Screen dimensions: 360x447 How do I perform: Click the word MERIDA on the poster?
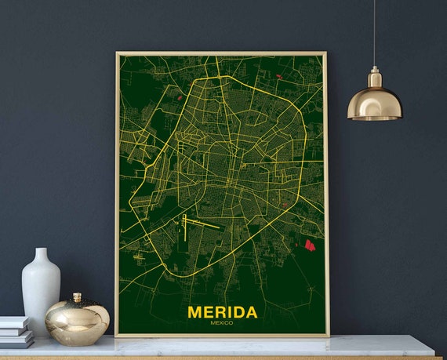pyautogui.click(x=222, y=312)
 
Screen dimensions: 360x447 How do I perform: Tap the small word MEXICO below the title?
pyautogui.click(x=222, y=323)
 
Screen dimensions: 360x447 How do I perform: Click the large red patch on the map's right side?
pyautogui.click(x=309, y=245)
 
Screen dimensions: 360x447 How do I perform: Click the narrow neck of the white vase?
pyautogui.click(x=42, y=256)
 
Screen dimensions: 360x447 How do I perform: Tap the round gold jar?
pyautogui.click(x=77, y=322)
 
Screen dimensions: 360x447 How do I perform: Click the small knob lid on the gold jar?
pyautogui.click(x=77, y=297)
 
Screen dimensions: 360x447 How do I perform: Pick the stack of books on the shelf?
pyautogui.click(x=16, y=332)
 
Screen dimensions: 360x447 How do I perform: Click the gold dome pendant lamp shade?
pyautogui.click(x=374, y=104)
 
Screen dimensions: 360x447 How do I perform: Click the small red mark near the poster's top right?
pyautogui.click(x=279, y=76)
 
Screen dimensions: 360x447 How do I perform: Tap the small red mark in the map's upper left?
pyautogui.click(x=180, y=97)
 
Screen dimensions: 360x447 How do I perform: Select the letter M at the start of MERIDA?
pyautogui.click(x=195, y=312)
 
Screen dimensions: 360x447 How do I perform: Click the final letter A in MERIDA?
pyautogui.click(x=250, y=312)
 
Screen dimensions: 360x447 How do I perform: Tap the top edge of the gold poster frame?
pyautogui.click(x=222, y=53)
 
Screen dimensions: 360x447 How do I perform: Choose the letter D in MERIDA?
pyautogui.click(x=237, y=312)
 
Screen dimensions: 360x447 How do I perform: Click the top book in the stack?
pyautogui.click(x=14, y=322)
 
